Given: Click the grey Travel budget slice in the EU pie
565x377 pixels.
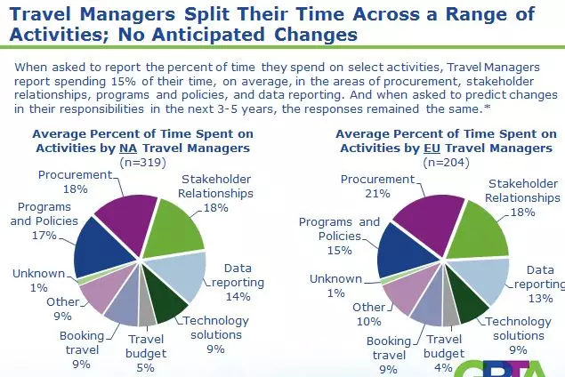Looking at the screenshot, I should (x=450, y=311).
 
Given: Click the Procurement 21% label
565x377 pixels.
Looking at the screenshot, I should (x=382, y=187).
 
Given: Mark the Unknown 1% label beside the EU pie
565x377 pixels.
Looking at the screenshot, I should (x=335, y=285).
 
